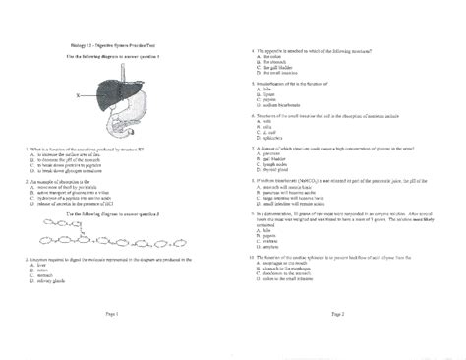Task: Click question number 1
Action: click(x=21, y=149)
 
